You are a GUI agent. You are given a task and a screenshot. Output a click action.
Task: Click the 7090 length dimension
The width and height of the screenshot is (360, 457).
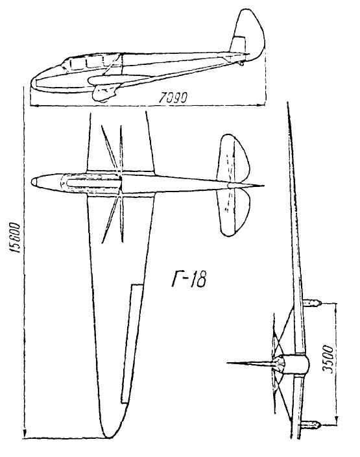click(x=173, y=98)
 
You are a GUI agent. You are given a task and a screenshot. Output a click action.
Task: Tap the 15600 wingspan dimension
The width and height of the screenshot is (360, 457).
click(x=14, y=238)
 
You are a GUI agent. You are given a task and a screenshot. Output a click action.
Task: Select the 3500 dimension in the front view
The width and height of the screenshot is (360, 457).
click(x=328, y=360)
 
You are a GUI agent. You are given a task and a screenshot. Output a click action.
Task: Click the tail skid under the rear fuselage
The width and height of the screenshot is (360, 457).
click(x=241, y=63)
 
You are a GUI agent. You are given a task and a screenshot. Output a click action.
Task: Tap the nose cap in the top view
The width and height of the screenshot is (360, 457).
click(x=34, y=182)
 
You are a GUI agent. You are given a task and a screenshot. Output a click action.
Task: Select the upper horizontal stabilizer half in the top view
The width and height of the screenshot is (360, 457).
click(x=233, y=158)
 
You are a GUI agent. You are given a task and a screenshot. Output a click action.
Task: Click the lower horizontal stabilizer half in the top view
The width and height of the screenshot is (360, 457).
click(x=234, y=212)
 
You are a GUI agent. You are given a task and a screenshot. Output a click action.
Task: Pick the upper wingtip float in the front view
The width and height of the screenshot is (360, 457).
click(x=312, y=303)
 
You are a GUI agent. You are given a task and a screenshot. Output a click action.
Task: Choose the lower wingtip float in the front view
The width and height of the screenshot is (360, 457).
click(x=311, y=425)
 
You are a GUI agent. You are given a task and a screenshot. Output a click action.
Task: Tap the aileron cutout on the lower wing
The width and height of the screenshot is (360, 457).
click(x=132, y=344)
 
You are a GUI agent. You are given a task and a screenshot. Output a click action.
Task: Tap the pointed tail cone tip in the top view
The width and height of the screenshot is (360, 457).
click(x=263, y=186)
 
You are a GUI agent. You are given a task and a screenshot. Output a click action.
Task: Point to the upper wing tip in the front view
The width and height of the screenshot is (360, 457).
click(x=288, y=103)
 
